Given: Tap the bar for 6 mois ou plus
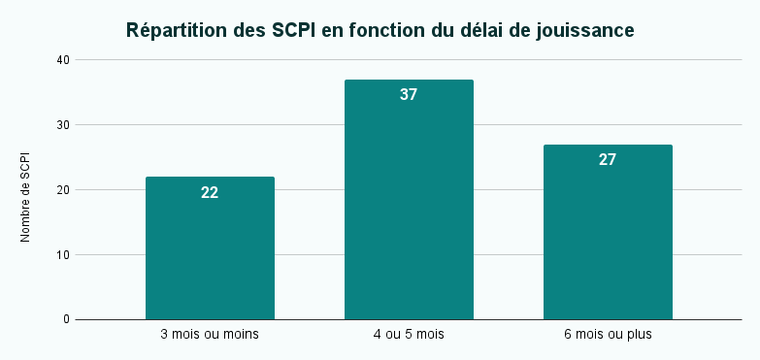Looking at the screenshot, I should pos(608,238).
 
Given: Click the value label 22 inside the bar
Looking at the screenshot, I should pos(210,192).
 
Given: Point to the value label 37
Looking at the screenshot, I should pos(409,95).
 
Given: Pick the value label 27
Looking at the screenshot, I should pos(608,160).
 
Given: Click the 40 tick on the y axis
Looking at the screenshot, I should pos(63,60).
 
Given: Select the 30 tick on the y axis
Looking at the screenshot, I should pos(63,125).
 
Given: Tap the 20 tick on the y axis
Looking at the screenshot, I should pos(63,190).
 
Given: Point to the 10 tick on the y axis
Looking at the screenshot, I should pos(63,255).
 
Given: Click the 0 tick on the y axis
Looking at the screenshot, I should pos(67,319).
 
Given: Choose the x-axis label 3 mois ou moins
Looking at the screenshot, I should pos(210,335).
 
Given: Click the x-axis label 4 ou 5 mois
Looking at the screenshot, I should pos(409,335).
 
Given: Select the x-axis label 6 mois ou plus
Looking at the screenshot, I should pos(608,335).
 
